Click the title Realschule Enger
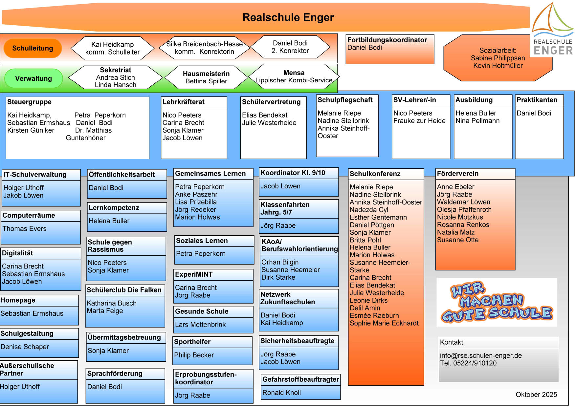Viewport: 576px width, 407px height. pos(288,17)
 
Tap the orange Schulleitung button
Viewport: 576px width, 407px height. pos(33,48)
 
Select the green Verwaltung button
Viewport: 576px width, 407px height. pos(33,78)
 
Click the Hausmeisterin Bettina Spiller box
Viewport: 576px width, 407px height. pos(206,77)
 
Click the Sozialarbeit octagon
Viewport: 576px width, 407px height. pos(498,58)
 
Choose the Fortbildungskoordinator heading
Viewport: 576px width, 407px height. pos(387,40)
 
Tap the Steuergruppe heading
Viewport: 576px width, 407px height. pos(30,102)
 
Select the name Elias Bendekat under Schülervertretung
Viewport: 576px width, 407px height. pos(265,115)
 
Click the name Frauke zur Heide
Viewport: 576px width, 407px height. pos(419,121)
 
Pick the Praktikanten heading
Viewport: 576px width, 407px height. pos(537,100)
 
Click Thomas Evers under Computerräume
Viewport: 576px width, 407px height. pos(25,229)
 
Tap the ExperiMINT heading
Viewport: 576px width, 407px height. pos(194,274)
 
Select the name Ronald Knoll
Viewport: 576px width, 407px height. pos(281,393)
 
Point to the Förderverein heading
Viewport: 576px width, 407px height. pos(457,174)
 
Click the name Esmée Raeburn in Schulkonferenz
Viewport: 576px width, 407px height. pos(374,316)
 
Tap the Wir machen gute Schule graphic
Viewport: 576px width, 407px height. pos(497,302)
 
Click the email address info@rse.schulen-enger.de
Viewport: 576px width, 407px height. pos(481,356)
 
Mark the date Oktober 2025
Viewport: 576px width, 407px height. pos(536,395)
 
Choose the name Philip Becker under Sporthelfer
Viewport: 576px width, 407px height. pos(194,355)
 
